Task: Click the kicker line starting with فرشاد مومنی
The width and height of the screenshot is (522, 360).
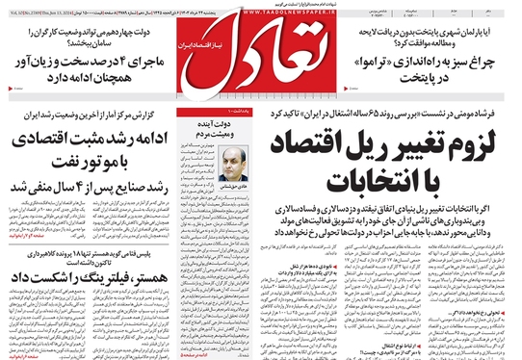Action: [405, 116]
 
